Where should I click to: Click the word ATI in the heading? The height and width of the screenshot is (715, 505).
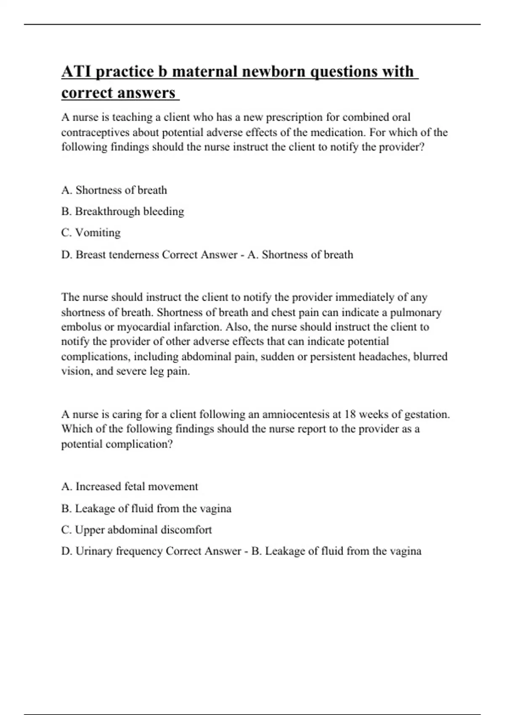click(x=77, y=71)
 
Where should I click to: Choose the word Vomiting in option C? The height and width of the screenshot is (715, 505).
click(x=98, y=233)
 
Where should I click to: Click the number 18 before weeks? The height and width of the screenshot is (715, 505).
click(x=350, y=414)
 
